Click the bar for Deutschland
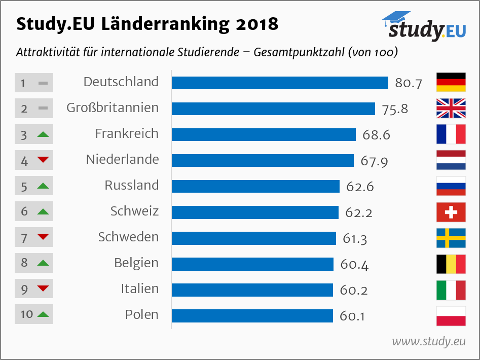(x=280, y=83)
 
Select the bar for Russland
(x=255, y=186)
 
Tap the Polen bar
(x=252, y=315)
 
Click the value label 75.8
(x=395, y=109)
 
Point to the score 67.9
(x=374, y=161)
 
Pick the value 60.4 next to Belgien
(x=354, y=265)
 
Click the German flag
(x=451, y=82)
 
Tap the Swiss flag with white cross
(x=451, y=212)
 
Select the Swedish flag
(x=451, y=238)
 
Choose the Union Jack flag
(x=451, y=108)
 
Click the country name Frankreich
(x=127, y=134)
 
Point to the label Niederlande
(x=123, y=160)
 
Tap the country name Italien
(x=140, y=289)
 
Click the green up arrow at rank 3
(x=43, y=134)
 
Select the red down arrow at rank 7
(x=43, y=236)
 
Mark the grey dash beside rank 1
(x=43, y=83)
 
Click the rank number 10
(x=27, y=314)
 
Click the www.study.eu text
(x=429, y=341)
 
